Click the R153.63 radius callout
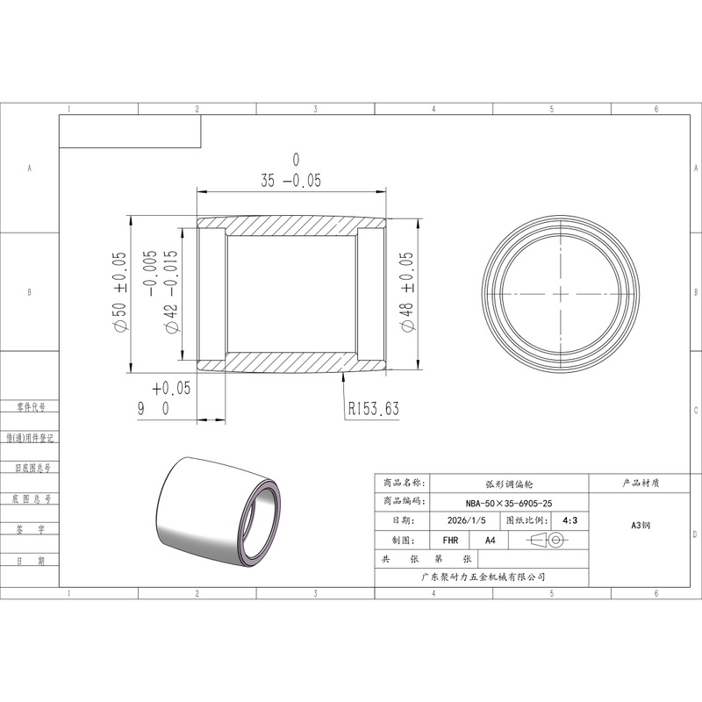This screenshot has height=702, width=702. tap(374, 408)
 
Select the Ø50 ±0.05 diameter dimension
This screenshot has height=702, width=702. tap(120, 292)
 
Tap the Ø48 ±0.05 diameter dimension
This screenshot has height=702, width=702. tap(407, 292)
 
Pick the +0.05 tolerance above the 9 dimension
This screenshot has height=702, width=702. tap(171, 388)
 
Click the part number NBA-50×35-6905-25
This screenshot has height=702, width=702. tap(509, 503)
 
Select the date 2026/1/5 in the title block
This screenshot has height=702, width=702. tap(466, 520)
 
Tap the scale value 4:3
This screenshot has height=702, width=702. tap(569, 520)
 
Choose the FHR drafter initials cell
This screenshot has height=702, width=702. tap(450, 541)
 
